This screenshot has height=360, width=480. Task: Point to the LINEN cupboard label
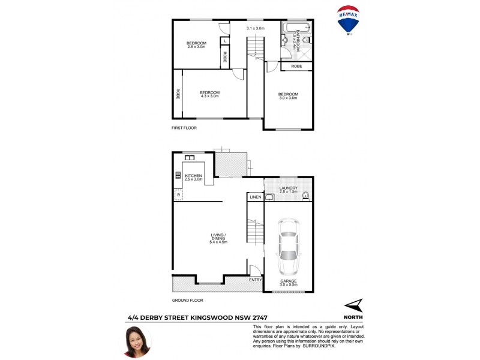(x=254, y=197)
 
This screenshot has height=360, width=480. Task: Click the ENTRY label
(x=254, y=280)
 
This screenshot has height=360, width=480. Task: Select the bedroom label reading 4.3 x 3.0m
(x=209, y=94)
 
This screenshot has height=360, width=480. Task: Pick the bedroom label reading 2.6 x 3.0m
(x=196, y=44)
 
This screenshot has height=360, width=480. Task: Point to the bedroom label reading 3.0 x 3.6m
(x=288, y=96)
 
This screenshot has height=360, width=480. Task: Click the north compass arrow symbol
(x=354, y=305)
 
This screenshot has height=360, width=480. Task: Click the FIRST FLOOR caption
(x=184, y=128)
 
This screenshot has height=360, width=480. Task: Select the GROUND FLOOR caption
(x=188, y=300)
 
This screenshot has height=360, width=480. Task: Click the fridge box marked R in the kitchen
(x=179, y=195)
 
